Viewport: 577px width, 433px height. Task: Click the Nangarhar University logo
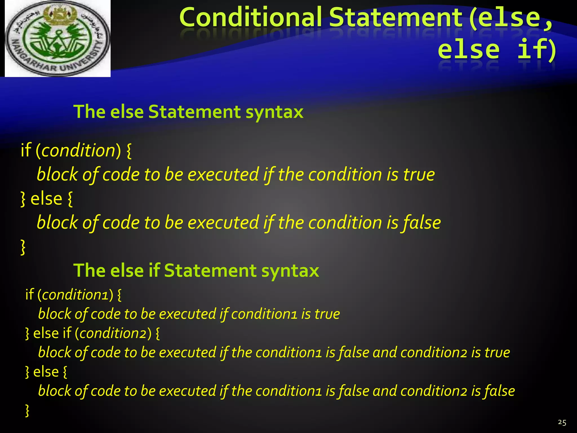(58, 39)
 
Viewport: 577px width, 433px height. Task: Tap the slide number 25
(562, 422)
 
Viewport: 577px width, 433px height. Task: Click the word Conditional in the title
(250, 17)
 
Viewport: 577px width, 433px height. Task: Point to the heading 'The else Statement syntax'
(188, 112)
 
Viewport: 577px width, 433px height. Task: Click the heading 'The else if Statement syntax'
(196, 271)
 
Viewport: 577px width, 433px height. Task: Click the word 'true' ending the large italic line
(419, 174)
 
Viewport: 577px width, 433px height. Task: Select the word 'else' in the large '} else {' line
(46, 199)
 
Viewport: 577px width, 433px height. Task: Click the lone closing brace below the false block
(23, 247)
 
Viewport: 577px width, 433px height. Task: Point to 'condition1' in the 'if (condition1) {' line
(75, 295)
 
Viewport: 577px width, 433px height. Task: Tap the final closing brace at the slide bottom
(27, 410)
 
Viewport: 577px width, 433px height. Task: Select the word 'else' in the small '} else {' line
(46, 372)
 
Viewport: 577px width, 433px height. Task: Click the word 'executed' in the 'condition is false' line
(223, 223)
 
